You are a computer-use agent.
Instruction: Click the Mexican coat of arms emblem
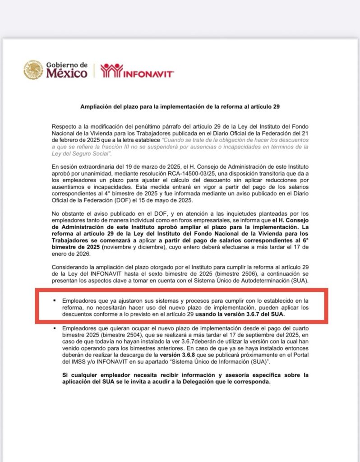click(x=34, y=70)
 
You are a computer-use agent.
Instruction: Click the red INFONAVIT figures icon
click(x=111, y=70)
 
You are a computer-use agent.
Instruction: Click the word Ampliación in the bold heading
click(x=95, y=107)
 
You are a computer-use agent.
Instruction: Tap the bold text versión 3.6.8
click(x=171, y=355)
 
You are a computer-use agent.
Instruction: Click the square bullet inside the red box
click(x=54, y=300)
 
